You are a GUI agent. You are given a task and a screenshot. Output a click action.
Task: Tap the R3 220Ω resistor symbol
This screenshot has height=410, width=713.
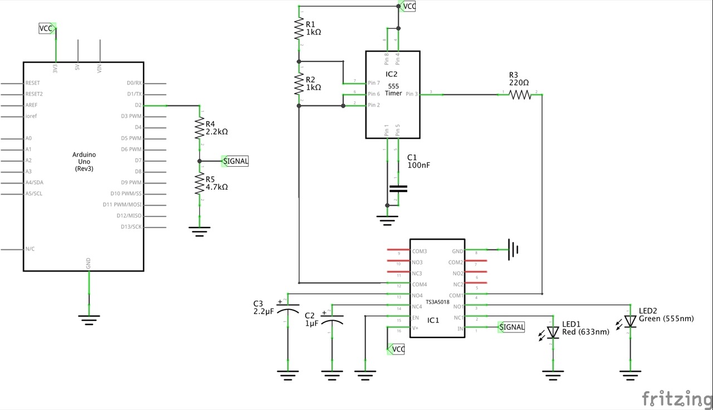click(x=521, y=95)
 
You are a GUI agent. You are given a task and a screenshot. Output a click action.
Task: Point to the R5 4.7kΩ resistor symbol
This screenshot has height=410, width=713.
click(x=200, y=184)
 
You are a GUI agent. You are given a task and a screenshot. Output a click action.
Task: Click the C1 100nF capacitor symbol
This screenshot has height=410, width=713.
click(x=398, y=189)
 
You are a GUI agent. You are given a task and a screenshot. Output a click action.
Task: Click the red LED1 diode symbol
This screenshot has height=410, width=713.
click(x=553, y=332)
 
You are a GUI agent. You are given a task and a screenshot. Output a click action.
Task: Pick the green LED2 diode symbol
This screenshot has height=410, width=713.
click(x=630, y=321)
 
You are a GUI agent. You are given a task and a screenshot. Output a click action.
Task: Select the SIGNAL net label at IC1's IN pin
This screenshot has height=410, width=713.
click(x=512, y=327)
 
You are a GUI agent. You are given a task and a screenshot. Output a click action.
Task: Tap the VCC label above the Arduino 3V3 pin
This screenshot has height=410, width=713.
click(x=47, y=28)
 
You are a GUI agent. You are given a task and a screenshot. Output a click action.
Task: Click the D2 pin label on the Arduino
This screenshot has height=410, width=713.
click(x=138, y=105)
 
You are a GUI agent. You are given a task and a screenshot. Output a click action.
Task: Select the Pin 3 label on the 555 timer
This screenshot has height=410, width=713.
click(x=411, y=94)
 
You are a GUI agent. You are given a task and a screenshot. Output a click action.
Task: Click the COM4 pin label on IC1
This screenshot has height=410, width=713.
click(x=419, y=284)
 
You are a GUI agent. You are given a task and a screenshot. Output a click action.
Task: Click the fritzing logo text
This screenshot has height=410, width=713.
click(x=676, y=399)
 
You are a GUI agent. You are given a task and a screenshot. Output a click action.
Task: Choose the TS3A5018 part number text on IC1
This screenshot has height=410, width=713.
click(x=437, y=301)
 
